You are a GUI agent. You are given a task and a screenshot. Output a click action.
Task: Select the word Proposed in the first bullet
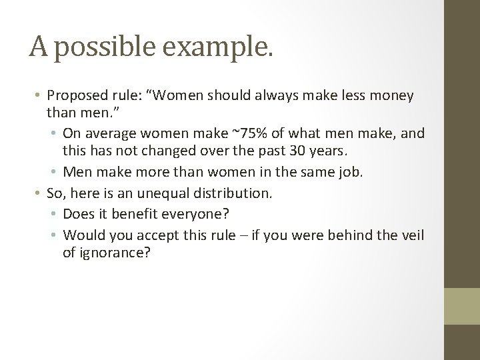pos(76,96)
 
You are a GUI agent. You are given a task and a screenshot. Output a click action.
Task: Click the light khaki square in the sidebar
pos(461,306)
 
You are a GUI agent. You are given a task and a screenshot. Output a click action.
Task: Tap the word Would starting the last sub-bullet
pos(81,235)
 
